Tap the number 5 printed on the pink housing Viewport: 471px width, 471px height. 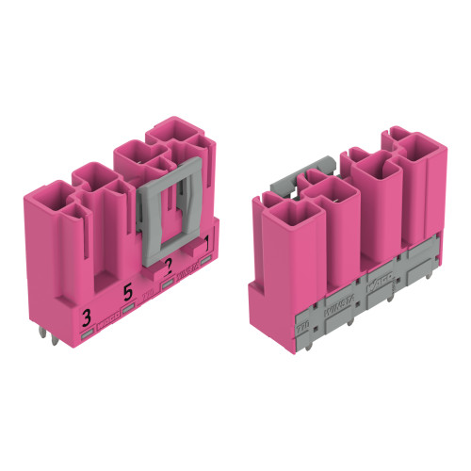[127, 292]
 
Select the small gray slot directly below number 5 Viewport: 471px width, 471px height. [128, 308]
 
